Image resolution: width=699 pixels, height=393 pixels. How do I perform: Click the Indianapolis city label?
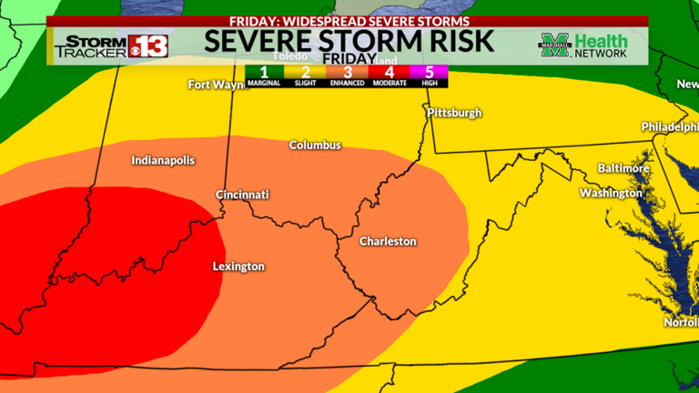click(163, 160)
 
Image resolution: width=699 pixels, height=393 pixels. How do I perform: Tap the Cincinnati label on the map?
click(242, 195)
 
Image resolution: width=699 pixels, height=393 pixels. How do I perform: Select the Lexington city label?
click(238, 267)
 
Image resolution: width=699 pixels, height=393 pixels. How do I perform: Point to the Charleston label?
click(388, 241)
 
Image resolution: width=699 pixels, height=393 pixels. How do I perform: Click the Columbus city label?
click(315, 146)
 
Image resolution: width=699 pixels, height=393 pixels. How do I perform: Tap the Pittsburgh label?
click(454, 114)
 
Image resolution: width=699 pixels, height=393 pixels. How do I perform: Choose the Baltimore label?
click(623, 168)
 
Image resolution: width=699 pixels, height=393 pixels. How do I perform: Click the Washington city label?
click(611, 193)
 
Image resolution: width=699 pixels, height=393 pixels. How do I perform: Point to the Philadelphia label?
click(669, 126)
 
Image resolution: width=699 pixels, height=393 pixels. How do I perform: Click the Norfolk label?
click(682, 321)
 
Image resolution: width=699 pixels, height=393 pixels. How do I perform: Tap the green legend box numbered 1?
click(262, 74)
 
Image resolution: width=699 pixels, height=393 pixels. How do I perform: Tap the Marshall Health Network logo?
click(583, 45)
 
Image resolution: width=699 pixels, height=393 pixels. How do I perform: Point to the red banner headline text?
click(349, 21)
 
